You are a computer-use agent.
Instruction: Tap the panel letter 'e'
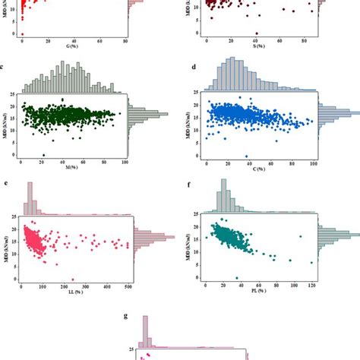pos(6,184)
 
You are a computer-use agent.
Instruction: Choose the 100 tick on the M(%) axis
pos(124,163)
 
